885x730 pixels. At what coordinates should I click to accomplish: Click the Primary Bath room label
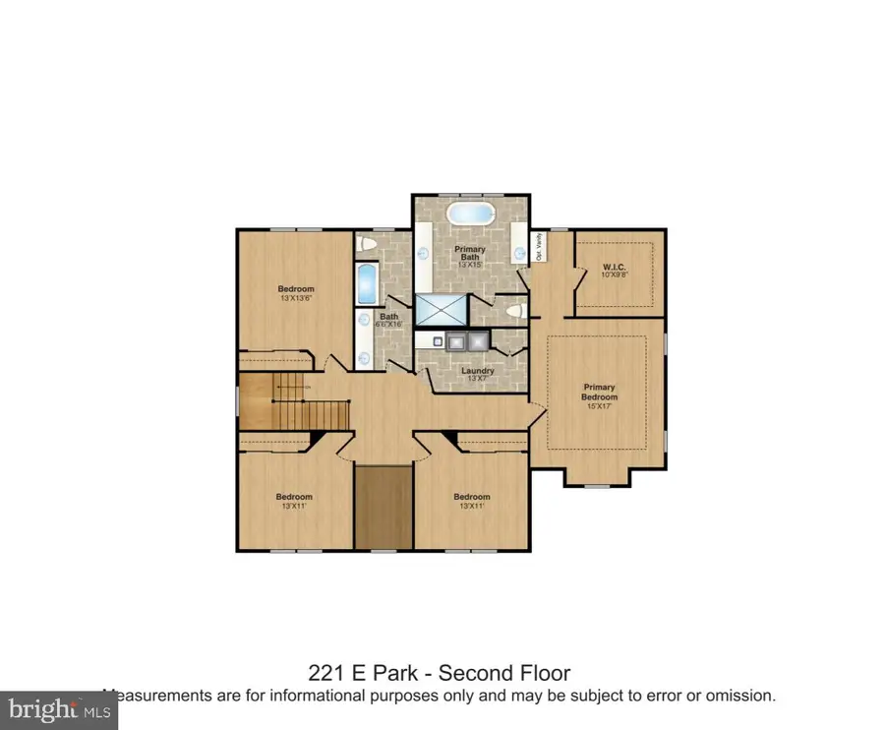click(470, 254)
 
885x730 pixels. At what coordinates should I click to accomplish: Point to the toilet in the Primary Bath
click(510, 311)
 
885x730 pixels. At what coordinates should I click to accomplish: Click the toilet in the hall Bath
click(365, 243)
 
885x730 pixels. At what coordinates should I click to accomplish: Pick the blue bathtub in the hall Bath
click(366, 283)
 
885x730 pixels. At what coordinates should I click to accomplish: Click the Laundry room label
click(478, 371)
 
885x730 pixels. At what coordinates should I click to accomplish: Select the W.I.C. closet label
click(615, 268)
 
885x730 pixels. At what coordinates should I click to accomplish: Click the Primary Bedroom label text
click(599, 392)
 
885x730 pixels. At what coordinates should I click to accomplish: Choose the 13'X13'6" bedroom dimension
click(295, 297)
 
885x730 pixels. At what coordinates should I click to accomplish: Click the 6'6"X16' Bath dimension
click(389, 324)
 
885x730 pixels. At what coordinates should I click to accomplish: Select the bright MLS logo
click(59, 707)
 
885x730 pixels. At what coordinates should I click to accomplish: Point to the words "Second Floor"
click(503, 673)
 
